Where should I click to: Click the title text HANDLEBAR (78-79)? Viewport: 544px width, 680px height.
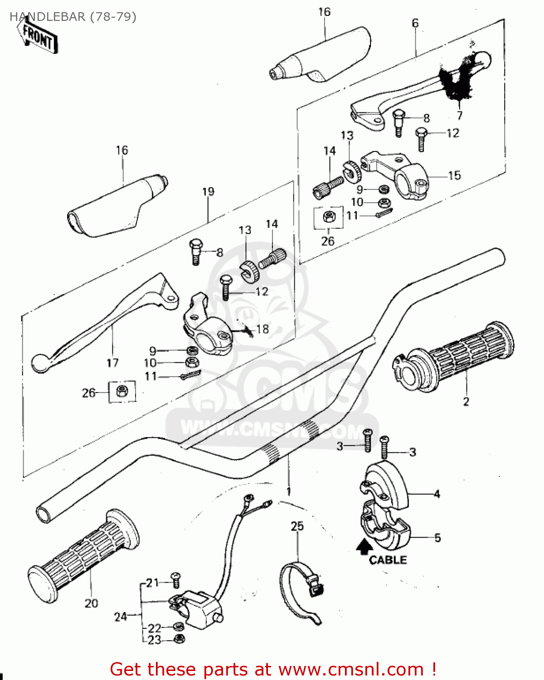coord(73,17)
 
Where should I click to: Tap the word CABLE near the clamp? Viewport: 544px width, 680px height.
coord(388,560)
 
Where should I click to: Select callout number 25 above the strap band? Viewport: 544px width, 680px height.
coord(297,526)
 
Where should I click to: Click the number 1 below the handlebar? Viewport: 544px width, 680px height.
coord(288,491)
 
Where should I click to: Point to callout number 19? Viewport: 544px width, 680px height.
coord(208,192)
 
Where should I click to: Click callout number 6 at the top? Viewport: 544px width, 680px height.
coord(415,23)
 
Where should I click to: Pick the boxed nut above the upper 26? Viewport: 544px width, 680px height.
coord(328,217)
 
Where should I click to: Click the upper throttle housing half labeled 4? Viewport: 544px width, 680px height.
coord(385,483)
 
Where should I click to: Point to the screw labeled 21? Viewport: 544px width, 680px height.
coord(176,578)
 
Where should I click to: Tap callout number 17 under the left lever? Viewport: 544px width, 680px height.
coord(112,363)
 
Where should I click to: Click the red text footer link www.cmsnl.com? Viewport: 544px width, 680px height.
coord(351,669)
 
